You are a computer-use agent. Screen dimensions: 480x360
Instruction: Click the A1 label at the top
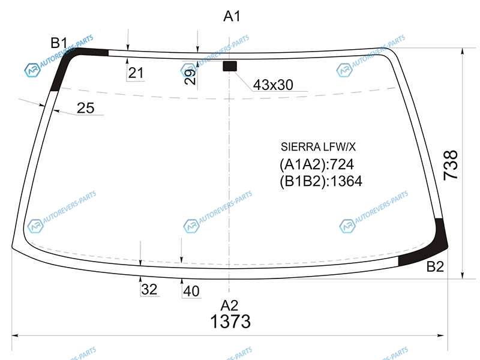tap(232, 16)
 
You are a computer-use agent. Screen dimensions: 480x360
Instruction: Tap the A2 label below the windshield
tap(229, 305)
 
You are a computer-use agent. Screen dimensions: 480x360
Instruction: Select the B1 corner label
tap(59, 43)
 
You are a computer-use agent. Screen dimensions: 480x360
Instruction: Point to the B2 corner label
tap(435, 266)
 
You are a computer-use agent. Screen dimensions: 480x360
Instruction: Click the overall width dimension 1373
tap(230, 322)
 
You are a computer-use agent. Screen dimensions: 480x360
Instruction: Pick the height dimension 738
tap(451, 164)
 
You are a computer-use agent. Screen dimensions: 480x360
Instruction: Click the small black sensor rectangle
tap(230, 66)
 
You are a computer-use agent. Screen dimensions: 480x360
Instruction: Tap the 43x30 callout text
tap(273, 85)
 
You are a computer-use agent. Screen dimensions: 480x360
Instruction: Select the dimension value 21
tap(136, 73)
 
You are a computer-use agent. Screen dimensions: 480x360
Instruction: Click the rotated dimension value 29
tap(190, 77)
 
